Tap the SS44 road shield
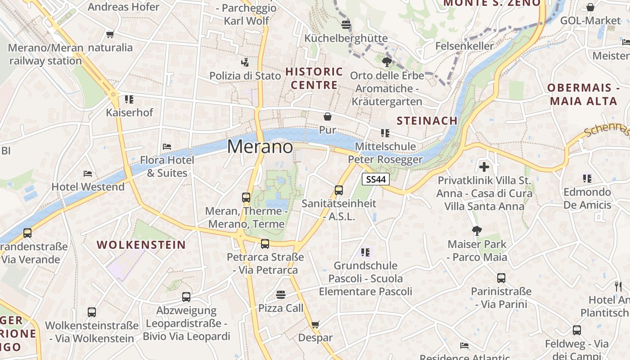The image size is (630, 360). pos(375,179)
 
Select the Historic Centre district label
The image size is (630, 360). pos(314,78)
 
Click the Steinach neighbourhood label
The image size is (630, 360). pos(427,121)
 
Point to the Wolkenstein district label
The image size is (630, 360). pos(141,245)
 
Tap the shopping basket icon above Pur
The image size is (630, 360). pos(328,117)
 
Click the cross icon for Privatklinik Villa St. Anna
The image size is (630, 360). pos(484,167)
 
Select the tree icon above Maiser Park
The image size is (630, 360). pos(477,231)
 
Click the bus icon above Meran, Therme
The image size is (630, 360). pos(246,197)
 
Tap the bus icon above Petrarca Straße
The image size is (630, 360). pos(265,243)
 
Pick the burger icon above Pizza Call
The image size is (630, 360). pos(281,295)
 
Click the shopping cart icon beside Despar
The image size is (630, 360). pos(315,324)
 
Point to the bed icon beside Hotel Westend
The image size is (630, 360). pos(88,173)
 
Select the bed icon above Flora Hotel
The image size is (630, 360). pos(167,146)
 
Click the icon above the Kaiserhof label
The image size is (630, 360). pos(129,99)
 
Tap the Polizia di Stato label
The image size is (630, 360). pos(245,76)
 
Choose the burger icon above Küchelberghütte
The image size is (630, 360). pos(346,24)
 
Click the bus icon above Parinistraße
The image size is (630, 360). pos(501,278)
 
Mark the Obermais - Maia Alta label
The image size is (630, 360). pos(583,94)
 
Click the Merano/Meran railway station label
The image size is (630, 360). pos(45,54)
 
